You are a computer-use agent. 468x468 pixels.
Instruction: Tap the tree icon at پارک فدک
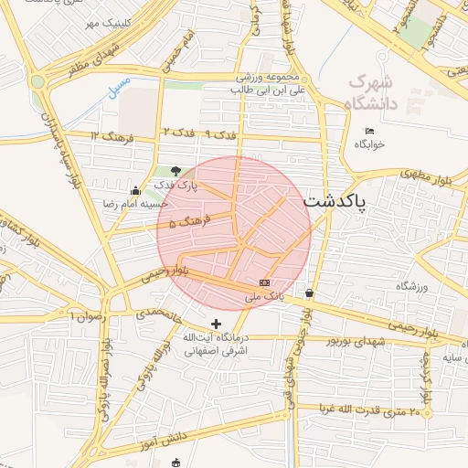pos(175,171)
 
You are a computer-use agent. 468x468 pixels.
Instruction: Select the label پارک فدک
pos(175,186)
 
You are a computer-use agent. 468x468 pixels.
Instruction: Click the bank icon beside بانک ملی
pos(265,283)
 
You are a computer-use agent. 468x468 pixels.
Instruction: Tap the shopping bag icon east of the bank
pos(310,293)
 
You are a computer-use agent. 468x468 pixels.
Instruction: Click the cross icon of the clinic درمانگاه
pos(216,324)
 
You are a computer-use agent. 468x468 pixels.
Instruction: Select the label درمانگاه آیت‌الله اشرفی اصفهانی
pos(217,344)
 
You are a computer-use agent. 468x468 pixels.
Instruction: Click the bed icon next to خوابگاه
pos(369,132)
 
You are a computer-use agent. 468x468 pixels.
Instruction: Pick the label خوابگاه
pos(370,144)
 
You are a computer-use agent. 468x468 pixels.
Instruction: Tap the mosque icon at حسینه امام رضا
pos(136,191)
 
